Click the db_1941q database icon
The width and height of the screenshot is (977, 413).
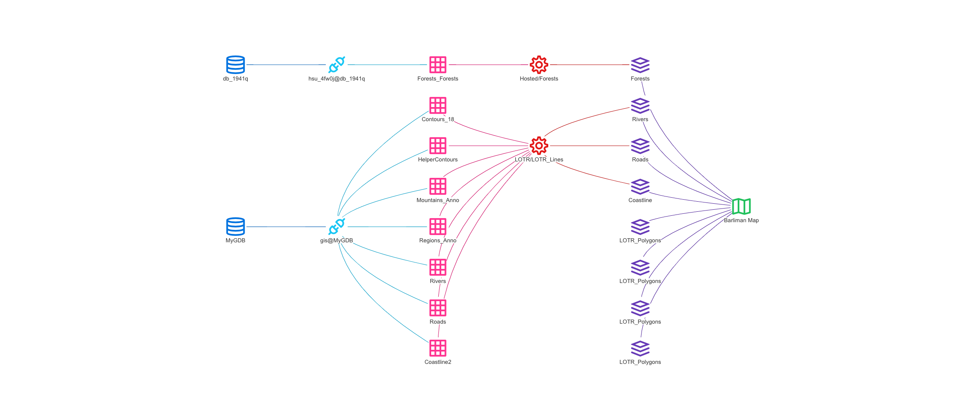click(235, 64)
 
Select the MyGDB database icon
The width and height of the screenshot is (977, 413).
click(235, 227)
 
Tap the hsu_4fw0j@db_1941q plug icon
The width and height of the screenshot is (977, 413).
click(337, 64)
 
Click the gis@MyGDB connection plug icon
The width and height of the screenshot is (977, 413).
click(337, 227)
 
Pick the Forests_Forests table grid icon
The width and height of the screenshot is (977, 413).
click(438, 64)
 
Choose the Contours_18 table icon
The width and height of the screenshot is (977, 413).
click(438, 105)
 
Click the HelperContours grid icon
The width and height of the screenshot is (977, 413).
click(438, 146)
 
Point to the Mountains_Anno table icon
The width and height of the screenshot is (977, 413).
click(438, 186)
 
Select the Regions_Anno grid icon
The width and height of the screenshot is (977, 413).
click(438, 227)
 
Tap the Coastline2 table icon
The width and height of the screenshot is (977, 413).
click(438, 348)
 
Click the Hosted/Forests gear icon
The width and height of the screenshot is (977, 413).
click(539, 64)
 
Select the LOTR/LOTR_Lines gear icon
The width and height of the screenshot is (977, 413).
click(539, 146)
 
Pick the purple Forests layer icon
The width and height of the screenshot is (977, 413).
click(640, 65)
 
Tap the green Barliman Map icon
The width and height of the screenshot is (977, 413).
click(741, 206)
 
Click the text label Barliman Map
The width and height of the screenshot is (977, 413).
click(741, 221)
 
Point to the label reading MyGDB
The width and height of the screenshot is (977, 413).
click(235, 241)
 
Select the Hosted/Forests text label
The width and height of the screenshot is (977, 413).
click(539, 79)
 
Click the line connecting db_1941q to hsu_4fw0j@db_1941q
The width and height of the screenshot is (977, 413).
click(286, 64)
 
